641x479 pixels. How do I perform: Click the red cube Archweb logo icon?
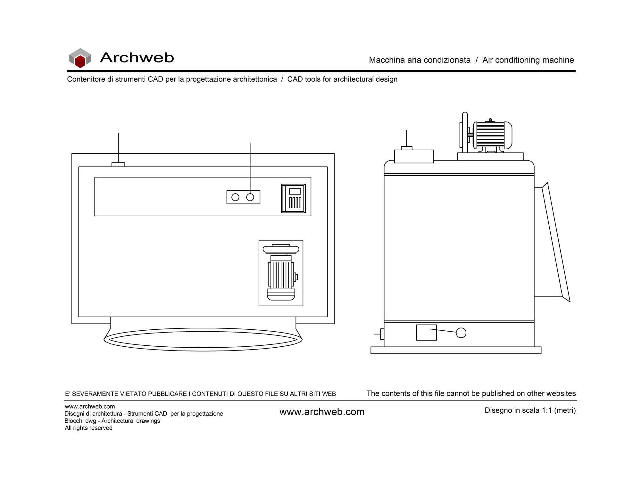pos(80,58)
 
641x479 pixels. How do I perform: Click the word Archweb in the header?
pos(137,58)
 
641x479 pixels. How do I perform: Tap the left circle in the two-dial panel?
pos(235,197)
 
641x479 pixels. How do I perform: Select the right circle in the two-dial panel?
pos(250,197)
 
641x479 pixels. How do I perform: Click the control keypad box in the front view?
pos(294,198)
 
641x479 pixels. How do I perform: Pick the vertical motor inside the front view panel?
pos(281,272)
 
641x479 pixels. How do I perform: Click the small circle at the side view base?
pos(461,333)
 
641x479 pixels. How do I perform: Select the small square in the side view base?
pos(426,333)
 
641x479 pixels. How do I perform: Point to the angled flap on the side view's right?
pos(556,242)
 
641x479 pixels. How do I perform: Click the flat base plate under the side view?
pos(456,350)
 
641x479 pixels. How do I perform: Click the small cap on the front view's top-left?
pos(118,164)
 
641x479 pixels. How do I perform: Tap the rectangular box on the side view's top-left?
pos(414,156)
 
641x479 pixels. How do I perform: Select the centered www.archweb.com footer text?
pos(322,412)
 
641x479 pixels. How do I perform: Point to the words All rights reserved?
pos(88,428)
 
